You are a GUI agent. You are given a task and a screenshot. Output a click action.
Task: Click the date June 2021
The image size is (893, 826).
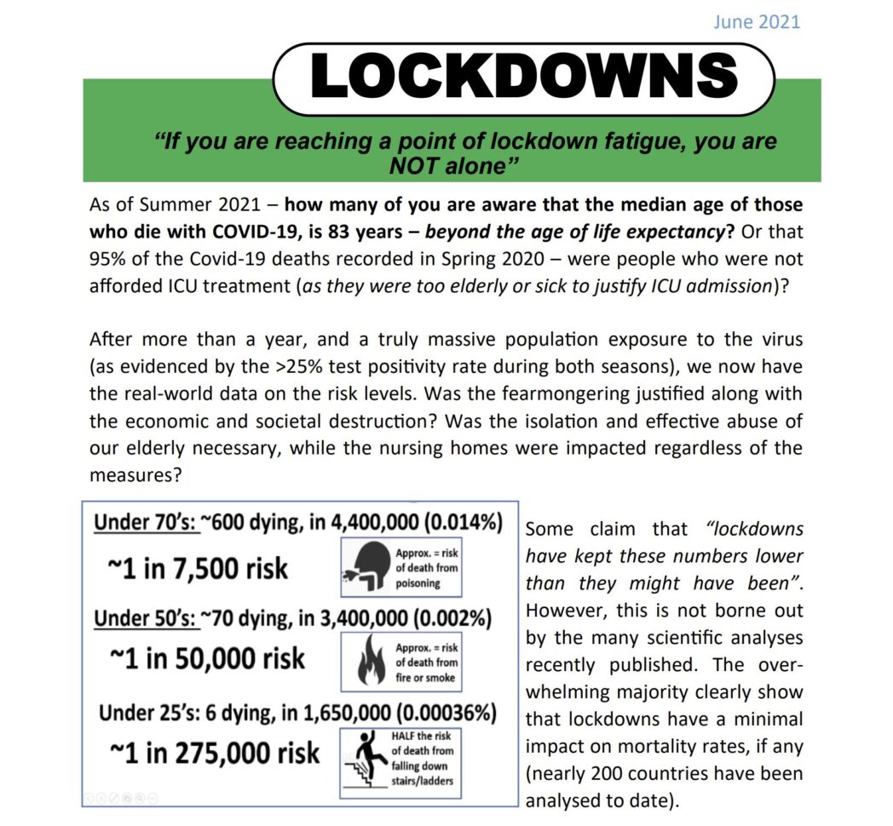pos(757,21)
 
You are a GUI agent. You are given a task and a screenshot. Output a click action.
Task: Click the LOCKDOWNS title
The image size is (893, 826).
pos(523,77)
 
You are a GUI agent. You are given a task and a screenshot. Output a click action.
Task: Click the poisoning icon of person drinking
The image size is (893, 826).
pos(366,565)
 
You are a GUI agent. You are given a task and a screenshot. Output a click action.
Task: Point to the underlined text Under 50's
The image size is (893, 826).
pos(145,617)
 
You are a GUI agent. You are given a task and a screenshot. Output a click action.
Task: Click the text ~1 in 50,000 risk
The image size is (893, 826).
pos(207,658)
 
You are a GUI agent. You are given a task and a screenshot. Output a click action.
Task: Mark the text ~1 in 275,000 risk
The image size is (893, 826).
pos(215,752)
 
